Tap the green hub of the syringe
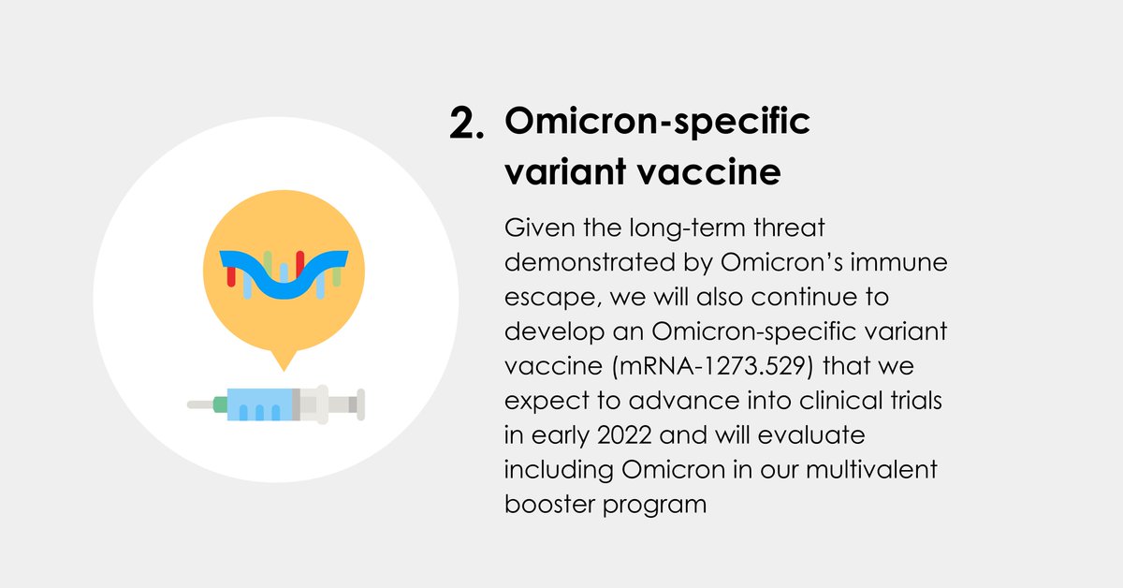pos(220,404)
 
